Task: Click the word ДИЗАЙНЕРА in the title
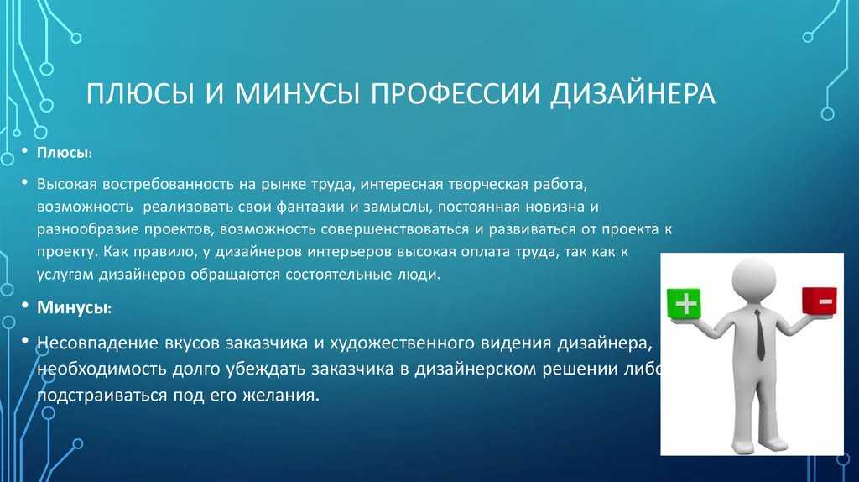(633, 94)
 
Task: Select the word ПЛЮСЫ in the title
(140, 93)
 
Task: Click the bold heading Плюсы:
(65, 153)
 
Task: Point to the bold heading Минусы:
(74, 307)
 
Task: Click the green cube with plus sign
(684, 303)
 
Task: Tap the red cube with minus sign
(820, 301)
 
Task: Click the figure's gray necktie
(758, 334)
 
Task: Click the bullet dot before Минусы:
(24, 305)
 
